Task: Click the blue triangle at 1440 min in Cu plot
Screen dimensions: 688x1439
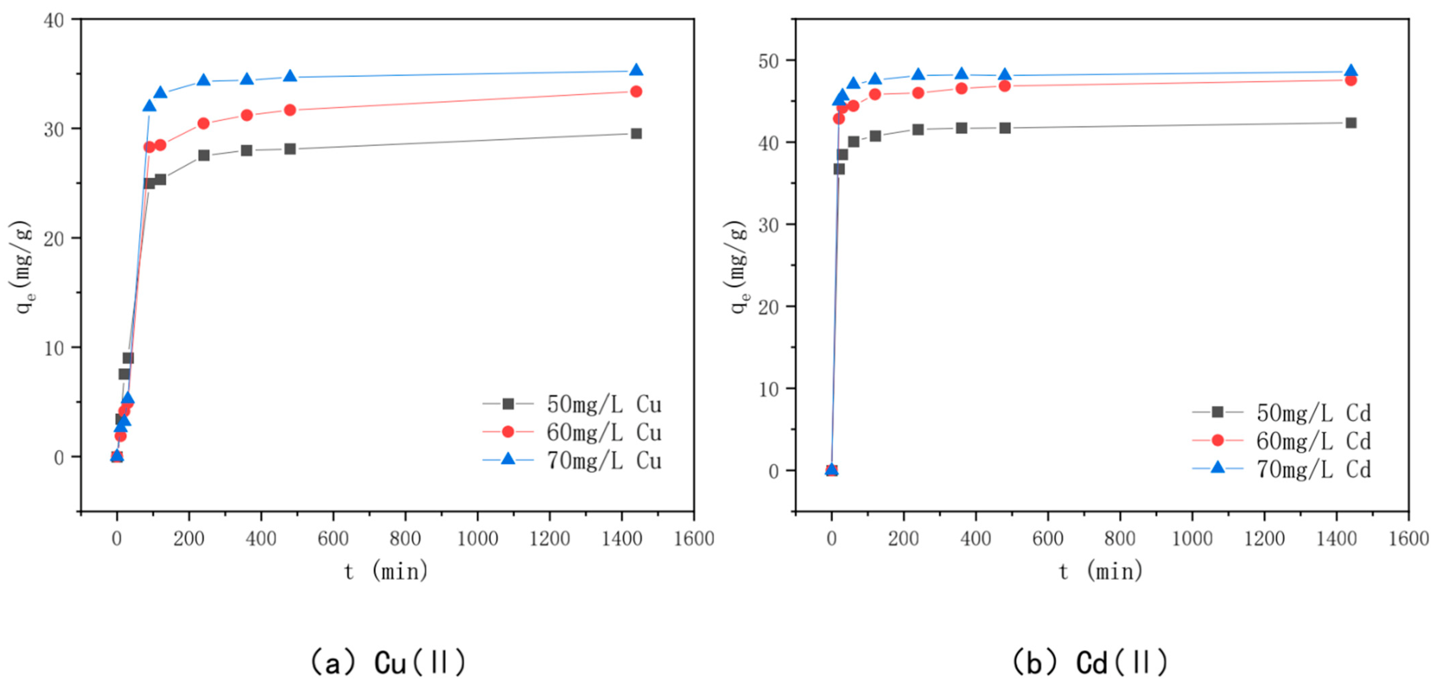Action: (636, 70)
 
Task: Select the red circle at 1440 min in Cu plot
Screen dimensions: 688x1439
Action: (636, 92)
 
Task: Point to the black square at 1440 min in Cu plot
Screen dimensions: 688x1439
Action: (636, 133)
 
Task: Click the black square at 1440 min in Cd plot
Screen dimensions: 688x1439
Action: (1351, 123)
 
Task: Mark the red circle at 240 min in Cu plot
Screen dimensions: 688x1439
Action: (203, 123)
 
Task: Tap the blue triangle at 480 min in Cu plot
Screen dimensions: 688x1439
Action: (290, 76)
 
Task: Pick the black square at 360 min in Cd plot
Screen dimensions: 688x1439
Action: (961, 128)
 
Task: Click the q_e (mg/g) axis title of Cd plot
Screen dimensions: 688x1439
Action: (739, 268)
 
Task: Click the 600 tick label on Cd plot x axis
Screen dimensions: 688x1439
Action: (1048, 539)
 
